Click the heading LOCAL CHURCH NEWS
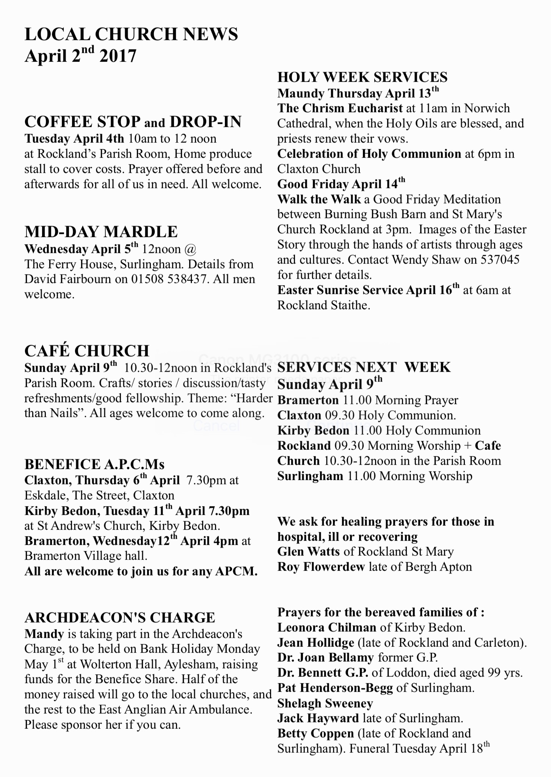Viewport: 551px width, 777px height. pyautogui.click(x=131, y=34)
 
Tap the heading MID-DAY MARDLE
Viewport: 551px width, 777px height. pyautogui.click(x=101, y=232)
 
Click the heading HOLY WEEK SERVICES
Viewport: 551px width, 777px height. pyautogui.click(x=362, y=77)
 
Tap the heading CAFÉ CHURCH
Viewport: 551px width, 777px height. pyautogui.click(x=87, y=351)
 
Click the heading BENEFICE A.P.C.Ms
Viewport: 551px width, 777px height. pyautogui.click(x=94, y=464)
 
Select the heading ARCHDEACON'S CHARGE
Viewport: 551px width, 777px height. pyautogui.click(x=119, y=618)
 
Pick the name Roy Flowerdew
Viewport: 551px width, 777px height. pyautogui.click(x=321, y=567)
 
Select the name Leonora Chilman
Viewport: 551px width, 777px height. pyautogui.click(x=327, y=627)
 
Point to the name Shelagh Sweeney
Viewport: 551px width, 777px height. pyautogui.click(x=325, y=703)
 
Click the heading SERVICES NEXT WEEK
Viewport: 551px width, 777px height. pyautogui.click(x=364, y=367)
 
